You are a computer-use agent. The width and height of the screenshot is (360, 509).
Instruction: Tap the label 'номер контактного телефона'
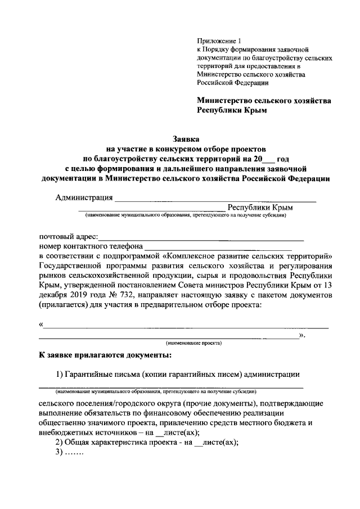91,246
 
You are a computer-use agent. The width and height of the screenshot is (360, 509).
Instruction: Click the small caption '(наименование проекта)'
193,343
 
